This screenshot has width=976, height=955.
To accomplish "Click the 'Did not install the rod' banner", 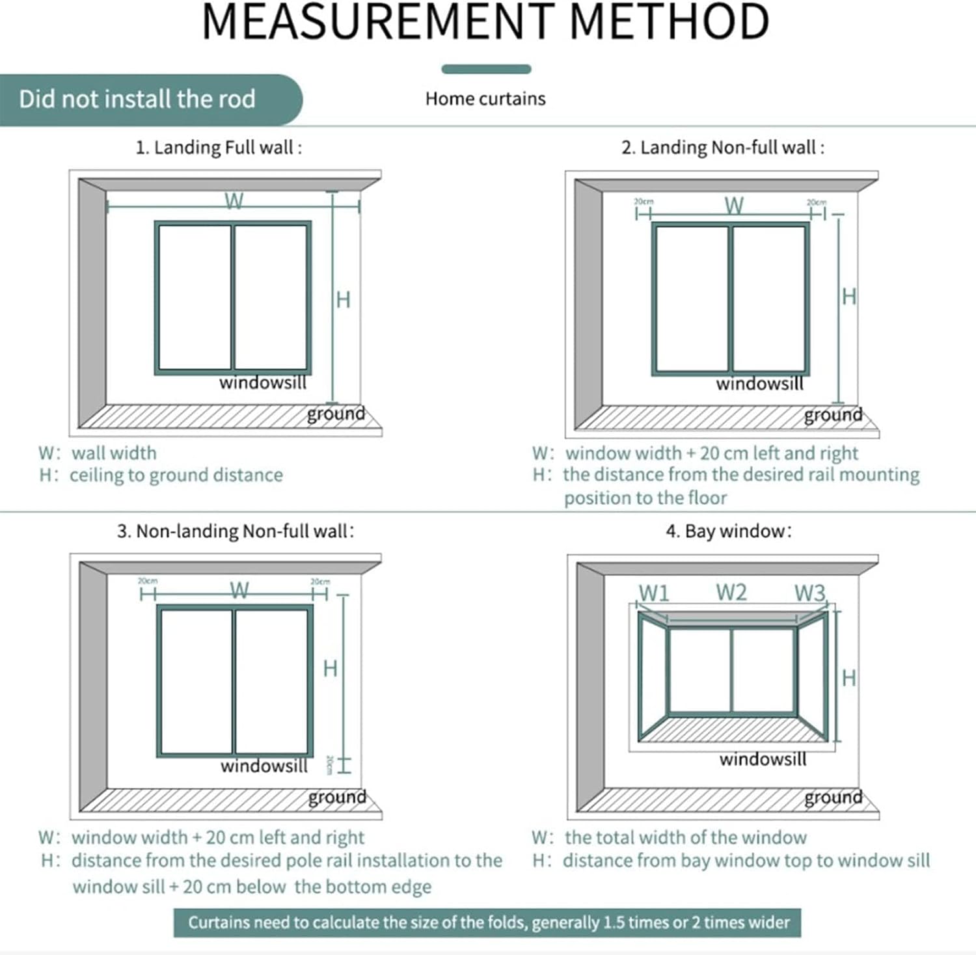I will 137,100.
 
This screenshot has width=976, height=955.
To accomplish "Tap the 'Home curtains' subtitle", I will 485,99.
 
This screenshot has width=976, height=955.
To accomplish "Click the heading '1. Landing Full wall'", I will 219,148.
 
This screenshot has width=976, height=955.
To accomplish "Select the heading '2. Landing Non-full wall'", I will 722,148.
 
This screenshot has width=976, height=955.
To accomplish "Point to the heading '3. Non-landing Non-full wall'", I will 236,531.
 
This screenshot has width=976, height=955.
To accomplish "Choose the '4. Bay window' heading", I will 728,531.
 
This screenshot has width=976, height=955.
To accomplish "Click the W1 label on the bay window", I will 654,593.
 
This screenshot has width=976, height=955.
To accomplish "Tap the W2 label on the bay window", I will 731,592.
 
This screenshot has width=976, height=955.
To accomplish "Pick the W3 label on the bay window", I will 809,593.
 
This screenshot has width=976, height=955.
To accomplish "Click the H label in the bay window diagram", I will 848,678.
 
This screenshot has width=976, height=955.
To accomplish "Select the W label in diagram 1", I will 234,201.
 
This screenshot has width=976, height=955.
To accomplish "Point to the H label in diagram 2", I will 848,297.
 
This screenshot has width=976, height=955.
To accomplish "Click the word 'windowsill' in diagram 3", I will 264,766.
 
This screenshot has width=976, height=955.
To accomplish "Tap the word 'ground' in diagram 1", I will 336,414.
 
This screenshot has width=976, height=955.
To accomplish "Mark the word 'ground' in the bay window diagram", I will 833,797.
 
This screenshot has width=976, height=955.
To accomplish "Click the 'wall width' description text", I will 114,453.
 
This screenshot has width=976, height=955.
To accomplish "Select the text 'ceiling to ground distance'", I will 176,476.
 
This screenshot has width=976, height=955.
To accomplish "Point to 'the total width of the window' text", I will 685,837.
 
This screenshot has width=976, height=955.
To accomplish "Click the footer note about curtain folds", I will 488,922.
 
